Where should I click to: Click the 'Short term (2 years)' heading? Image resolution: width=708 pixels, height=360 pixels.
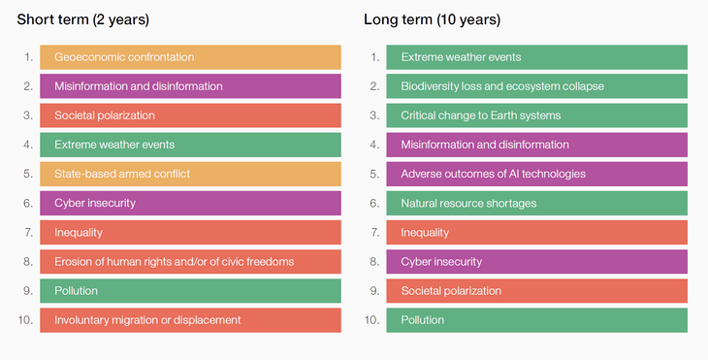tap(82, 19)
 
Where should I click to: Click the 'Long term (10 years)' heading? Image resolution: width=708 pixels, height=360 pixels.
tap(432, 19)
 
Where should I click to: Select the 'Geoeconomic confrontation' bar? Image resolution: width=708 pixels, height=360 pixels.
tap(190, 57)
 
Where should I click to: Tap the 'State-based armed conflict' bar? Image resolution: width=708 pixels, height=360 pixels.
tap(190, 174)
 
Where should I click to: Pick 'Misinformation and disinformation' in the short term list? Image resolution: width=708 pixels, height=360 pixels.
tap(190, 86)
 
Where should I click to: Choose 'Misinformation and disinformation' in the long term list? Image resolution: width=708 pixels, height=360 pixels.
tap(536, 145)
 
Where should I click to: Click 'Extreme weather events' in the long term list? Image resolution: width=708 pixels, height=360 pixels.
tap(536, 57)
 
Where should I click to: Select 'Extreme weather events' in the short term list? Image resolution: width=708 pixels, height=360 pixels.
tap(190, 145)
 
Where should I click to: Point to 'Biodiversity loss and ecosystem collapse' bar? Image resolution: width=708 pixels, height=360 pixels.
tap(536, 86)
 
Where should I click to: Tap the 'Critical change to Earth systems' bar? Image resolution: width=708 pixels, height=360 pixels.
tap(536, 115)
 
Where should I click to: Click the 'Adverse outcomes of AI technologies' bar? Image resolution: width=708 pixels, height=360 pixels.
tap(536, 174)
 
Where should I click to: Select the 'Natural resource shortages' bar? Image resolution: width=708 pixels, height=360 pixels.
tap(536, 203)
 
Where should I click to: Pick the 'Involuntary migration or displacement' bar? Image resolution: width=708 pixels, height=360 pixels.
tap(190, 319)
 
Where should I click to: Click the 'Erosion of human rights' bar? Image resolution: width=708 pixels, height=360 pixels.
tap(190, 261)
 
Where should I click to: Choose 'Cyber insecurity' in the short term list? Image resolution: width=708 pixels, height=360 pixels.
tap(190, 203)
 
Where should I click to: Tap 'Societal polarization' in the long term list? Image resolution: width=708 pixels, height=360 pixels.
tap(536, 290)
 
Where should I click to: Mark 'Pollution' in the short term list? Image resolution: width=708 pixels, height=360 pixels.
tap(190, 290)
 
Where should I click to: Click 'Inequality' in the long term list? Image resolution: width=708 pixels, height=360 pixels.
tap(536, 232)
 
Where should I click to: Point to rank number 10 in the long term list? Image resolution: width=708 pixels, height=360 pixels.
tap(371, 319)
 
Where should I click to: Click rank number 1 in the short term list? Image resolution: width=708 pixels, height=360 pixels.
tap(28, 57)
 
